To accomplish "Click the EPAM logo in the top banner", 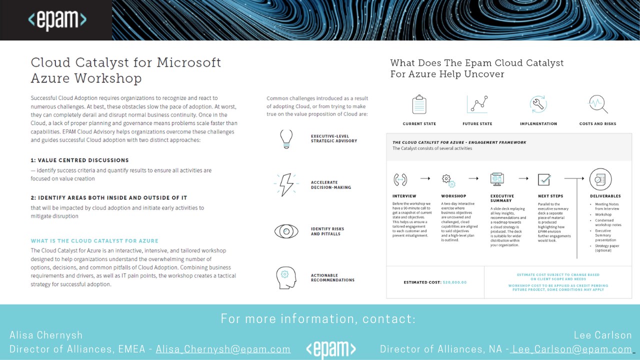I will (x=57, y=20).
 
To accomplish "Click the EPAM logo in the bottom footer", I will (x=330, y=349).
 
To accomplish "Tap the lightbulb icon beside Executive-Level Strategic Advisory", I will (x=286, y=139).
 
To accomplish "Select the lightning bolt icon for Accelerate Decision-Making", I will (x=286, y=185).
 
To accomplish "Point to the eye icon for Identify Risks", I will (x=286, y=231).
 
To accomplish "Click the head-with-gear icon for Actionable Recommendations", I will (x=286, y=277).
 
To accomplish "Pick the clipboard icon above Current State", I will (x=419, y=105).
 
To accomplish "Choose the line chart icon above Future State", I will (x=477, y=104).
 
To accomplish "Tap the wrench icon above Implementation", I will (x=538, y=104).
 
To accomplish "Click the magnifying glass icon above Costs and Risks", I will (x=598, y=104).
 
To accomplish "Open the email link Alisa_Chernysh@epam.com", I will (x=223, y=349).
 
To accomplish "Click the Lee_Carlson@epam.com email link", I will (x=571, y=349).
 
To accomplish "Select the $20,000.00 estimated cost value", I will (x=454, y=282).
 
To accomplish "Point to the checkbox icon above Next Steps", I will (x=544, y=179).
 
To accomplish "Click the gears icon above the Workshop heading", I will (x=447, y=179).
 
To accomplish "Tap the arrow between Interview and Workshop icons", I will (x=425, y=178).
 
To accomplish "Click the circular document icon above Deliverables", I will (x=600, y=179).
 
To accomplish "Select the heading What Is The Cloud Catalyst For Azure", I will (x=94, y=241).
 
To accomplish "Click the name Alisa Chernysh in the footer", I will (x=46, y=335).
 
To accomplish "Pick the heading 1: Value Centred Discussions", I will (x=79, y=160).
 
